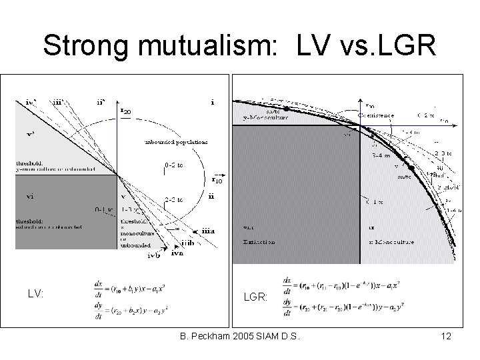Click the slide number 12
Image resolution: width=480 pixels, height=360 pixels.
[446, 337]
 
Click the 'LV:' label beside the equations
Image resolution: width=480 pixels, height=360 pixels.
[37, 293]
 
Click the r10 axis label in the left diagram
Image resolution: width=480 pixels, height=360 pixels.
[217, 179]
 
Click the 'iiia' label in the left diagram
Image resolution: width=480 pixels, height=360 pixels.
[208, 230]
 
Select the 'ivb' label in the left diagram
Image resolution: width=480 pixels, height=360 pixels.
[154, 254]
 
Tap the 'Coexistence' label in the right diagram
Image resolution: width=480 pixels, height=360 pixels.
[376, 115]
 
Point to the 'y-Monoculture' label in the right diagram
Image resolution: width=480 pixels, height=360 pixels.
[266, 117]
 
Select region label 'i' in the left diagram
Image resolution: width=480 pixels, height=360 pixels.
[212, 103]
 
